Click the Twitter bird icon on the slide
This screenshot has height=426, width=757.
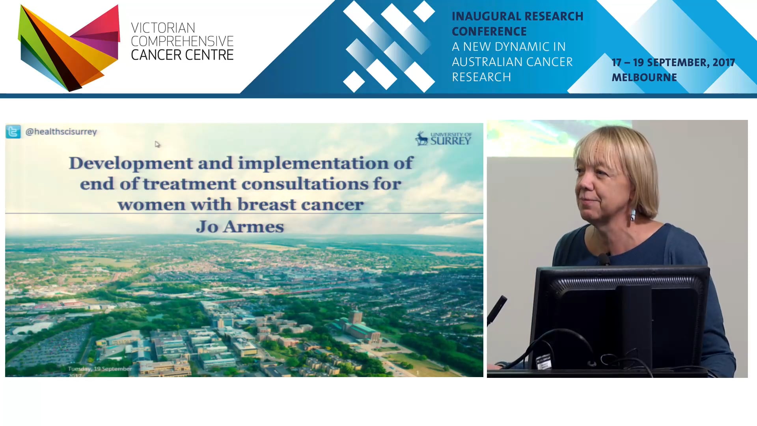13,132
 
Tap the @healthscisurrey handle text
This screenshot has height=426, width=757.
61,132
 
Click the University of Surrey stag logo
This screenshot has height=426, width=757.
422,139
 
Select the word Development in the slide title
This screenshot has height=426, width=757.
131,163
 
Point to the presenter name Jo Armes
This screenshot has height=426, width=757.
240,227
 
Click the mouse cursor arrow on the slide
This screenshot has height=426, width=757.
157,144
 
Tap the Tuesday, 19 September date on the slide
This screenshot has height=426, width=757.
100,369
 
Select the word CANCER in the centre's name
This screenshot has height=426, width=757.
149,55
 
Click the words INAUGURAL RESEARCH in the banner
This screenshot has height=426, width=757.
517,17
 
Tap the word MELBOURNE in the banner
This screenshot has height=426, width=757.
644,78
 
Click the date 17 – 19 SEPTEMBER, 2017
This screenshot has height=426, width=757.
673,63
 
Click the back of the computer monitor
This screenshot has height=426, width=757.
619,316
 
